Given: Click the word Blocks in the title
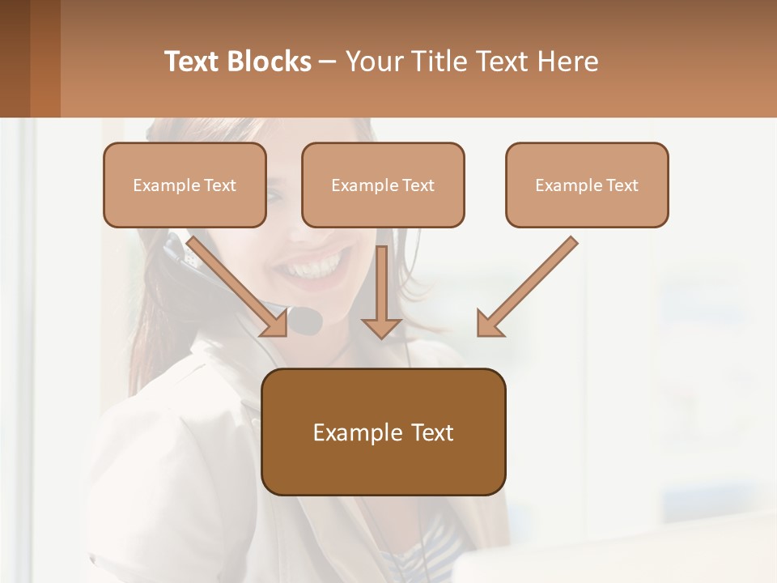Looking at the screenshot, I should coord(270,62).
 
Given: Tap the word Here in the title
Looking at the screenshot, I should coord(570,62).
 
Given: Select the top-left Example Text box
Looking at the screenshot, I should coord(185,185).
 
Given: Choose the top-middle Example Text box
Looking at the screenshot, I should coord(383,185).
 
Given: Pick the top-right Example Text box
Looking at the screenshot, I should coord(587,185).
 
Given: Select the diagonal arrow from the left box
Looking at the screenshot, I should coord(235,283).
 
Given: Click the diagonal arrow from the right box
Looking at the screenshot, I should coord(530,283).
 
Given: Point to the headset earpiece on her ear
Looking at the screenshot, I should coord(176,251).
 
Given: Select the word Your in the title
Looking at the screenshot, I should coord(372,62).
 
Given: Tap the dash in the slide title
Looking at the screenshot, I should coord(328,62).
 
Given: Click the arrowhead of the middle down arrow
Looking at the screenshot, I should coord(381,327).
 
